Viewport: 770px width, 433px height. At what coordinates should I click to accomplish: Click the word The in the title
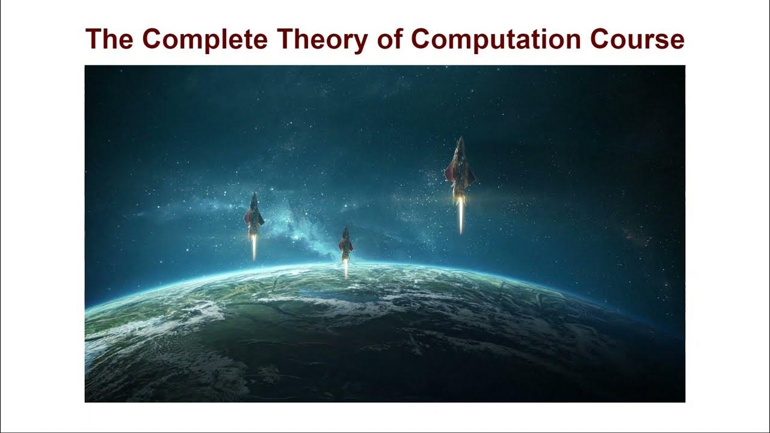[111, 39]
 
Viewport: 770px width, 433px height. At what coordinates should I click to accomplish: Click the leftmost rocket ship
[254, 216]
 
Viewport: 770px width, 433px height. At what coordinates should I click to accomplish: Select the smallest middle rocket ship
[345, 243]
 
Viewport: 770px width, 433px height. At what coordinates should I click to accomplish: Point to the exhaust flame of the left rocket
[254, 247]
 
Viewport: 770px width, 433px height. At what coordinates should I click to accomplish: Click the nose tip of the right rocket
[460, 138]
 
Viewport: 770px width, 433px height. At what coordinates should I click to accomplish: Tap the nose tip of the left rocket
[254, 194]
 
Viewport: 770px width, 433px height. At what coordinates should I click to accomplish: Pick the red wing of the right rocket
[448, 174]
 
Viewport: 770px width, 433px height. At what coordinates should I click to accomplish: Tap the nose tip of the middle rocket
[345, 228]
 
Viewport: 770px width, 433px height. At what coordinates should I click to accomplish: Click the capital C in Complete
[153, 39]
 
